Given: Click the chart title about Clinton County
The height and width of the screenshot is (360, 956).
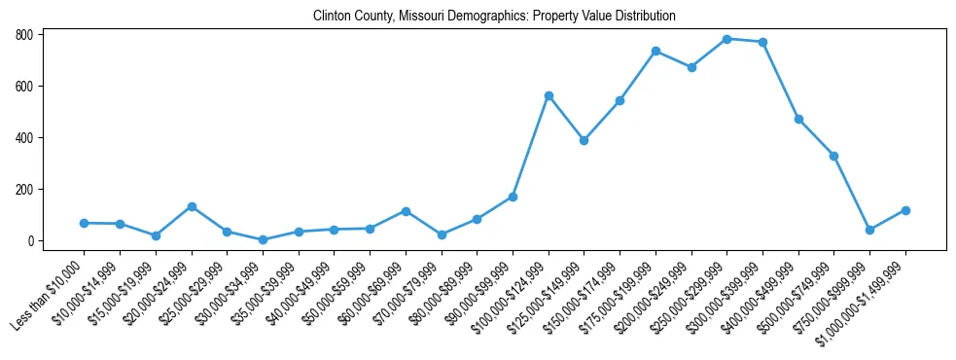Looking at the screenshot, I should tap(494, 17).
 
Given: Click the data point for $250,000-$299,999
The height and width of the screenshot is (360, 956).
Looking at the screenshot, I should tap(727, 39).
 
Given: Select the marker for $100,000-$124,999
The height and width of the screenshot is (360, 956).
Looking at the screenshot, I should tap(549, 95).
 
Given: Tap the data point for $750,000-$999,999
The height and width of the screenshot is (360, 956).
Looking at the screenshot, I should tap(870, 230).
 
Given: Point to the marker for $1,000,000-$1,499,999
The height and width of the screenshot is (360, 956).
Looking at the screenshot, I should tap(905, 210).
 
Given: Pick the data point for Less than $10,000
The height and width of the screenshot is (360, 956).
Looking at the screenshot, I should tap(85, 223).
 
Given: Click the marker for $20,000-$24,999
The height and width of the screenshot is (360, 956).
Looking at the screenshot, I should tap(192, 206).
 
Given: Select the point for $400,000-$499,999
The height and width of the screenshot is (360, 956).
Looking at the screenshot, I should tap(798, 119).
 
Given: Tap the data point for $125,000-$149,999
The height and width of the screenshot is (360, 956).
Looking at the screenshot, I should tap(584, 140).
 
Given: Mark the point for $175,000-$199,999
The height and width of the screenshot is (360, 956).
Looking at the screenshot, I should tap(655, 51).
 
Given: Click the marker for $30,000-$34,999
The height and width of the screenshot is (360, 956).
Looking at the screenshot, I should tap(263, 239).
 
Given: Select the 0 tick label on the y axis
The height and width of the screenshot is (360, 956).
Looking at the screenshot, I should tap(31, 241).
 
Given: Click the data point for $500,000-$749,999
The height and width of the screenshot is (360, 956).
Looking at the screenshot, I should tap(833, 156).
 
